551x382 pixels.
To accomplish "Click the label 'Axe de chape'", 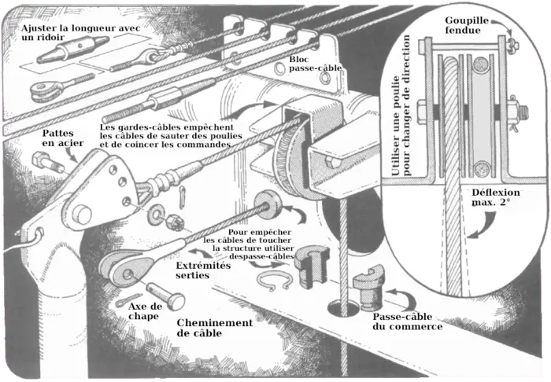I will pos(145,310).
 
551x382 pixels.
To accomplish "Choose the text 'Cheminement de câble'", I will pos(215,328).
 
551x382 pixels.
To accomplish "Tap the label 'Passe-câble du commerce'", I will pos(406,321).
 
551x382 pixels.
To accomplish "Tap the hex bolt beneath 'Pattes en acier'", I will pos(47,163).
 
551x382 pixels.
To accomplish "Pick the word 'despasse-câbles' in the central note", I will pos(261,256).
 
